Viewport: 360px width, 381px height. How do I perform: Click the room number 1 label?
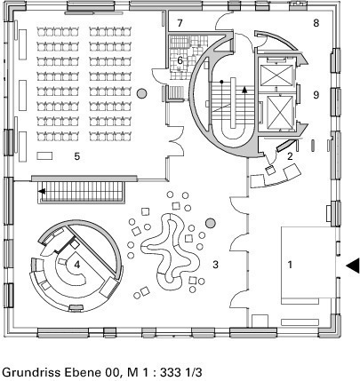290,265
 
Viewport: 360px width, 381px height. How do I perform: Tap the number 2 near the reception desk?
290,156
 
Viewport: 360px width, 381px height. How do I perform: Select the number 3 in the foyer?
215,265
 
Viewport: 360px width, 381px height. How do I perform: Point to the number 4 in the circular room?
77,265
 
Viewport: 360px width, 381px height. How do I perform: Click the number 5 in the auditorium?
77,156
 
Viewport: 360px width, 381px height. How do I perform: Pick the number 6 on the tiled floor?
180,60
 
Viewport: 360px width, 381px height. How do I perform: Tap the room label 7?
180,23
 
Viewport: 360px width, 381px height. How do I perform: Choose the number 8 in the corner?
316,23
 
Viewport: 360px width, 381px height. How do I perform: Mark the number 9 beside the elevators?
316,95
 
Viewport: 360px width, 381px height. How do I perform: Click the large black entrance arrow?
353,266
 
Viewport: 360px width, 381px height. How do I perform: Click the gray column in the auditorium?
142,93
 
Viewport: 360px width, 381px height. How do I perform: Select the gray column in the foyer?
211,223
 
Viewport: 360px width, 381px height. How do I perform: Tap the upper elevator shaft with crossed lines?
276,75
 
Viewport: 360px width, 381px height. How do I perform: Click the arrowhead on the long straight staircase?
42,191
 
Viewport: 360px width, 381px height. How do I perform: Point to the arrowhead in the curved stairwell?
244,90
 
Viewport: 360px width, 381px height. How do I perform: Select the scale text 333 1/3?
181,372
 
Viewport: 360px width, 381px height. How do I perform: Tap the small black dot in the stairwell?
221,82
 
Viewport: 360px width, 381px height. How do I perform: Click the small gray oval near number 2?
313,147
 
